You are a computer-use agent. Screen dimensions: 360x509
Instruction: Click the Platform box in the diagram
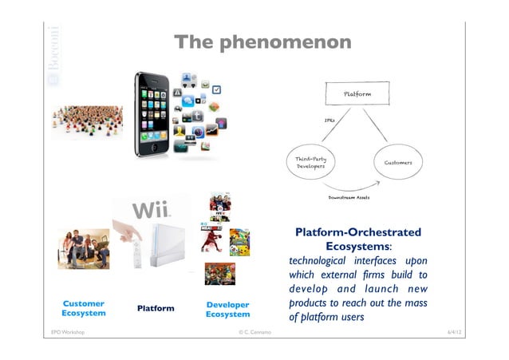pos(356,95)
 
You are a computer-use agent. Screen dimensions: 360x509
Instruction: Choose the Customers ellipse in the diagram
pos(398,163)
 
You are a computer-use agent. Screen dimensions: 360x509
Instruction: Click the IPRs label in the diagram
pos(329,121)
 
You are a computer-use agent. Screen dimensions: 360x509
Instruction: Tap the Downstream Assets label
pos(349,196)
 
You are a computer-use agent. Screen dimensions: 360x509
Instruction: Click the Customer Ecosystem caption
pos(84,309)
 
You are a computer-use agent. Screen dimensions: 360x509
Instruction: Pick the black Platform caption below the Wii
pos(156,308)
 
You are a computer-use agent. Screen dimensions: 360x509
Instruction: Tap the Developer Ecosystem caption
pos(227,309)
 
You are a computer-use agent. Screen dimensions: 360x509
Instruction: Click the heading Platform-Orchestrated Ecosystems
pos(358,239)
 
